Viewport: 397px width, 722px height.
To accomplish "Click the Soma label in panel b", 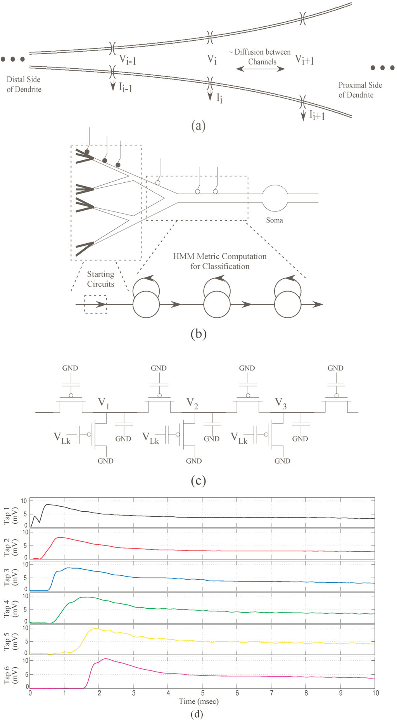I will point(274,220).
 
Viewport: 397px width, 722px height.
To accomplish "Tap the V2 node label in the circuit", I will point(192,403).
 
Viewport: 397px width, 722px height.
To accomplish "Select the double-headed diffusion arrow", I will point(261,69).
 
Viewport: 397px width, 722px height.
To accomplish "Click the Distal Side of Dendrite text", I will point(24,84).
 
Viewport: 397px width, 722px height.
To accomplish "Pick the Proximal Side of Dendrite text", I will point(360,90).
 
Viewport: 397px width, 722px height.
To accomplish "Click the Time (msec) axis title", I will point(198,701).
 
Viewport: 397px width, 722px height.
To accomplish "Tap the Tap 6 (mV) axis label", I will point(11,675).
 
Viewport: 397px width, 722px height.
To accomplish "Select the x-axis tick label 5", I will point(203,693).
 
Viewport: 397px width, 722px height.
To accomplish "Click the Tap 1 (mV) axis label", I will point(11,515).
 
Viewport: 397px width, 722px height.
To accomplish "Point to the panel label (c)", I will point(198,481).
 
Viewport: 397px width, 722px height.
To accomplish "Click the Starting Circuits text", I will point(100,279).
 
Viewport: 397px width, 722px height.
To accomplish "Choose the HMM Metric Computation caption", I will point(220,261).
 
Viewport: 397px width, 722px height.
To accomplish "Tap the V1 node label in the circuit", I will point(104,403).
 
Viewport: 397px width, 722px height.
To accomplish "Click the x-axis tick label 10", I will point(375,693).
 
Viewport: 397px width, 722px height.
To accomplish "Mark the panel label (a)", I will point(198,126).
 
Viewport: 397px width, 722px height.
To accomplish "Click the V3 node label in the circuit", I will point(281,403).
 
